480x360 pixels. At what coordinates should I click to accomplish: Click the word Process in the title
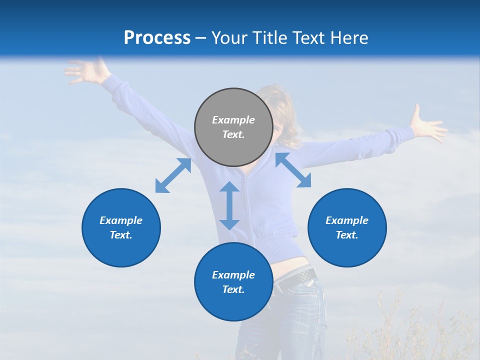pyautogui.click(x=157, y=38)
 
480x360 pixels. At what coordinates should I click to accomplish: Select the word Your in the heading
pyautogui.click(x=230, y=38)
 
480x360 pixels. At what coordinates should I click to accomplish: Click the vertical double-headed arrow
pyautogui.click(x=229, y=205)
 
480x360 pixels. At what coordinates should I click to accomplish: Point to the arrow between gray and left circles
pyautogui.click(x=173, y=175)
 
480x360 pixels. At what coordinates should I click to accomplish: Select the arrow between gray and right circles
pyautogui.click(x=293, y=170)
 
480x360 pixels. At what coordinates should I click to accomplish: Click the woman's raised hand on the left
pyautogui.click(x=85, y=71)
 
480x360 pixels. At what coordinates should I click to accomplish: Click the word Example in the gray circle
pyautogui.click(x=233, y=120)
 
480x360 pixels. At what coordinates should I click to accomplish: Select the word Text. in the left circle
pyautogui.click(x=121, y=235)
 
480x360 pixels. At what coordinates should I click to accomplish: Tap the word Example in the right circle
pyautogui.click(x=347, y=220)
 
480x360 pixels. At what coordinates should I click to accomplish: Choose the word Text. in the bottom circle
pyautogui.click(x=233, y=289)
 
